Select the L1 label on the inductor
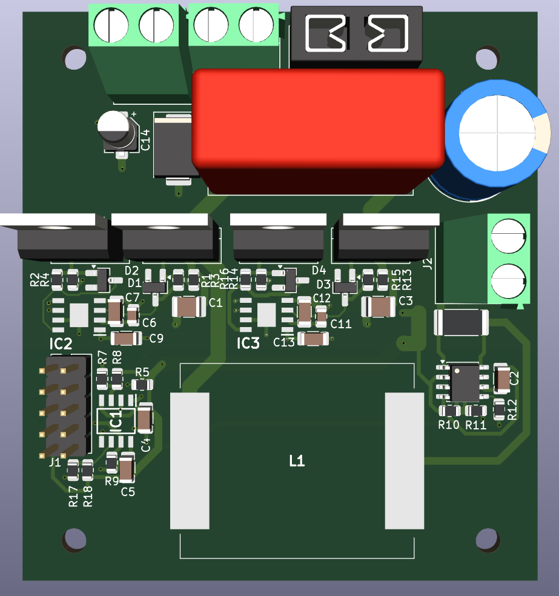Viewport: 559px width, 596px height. [297, 462]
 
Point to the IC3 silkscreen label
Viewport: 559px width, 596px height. [248, 344]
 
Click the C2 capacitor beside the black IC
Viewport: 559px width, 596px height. [502, 379]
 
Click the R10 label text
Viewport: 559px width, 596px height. [449, 425]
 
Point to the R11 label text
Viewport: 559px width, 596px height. [476, 425]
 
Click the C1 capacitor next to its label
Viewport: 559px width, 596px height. [190, 307]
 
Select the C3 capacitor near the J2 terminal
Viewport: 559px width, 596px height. [379, 307]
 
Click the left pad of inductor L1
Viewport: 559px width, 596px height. [190, 460]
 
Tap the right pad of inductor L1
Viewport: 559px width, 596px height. [405, 460]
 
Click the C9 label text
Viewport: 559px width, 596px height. [156, 339]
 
